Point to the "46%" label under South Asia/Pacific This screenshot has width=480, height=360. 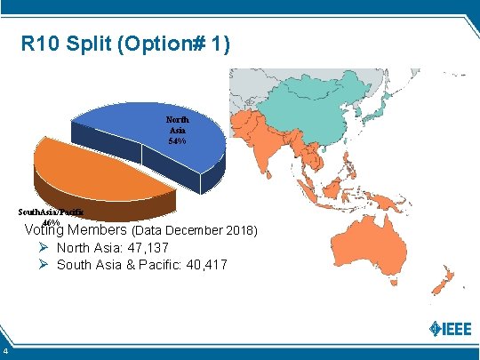coord(52,222)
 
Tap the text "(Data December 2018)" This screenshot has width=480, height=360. coord(195,231)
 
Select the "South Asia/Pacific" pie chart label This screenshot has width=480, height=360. coord(52,212)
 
